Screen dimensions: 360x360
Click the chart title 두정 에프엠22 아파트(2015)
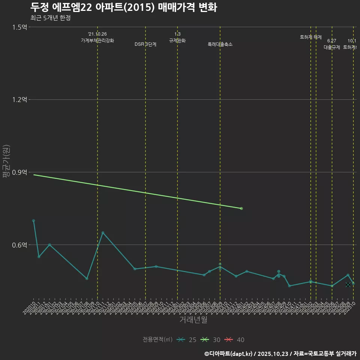click(123, 7)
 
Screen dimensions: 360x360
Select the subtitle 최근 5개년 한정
click(50, 18)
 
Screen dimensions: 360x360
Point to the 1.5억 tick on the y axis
click(19, 27)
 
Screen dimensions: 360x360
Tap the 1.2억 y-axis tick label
click(19, 100)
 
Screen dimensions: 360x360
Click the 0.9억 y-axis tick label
click(19, 172)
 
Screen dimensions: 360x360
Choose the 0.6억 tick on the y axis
click(19, 245)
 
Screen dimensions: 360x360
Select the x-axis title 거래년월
click(193, 320)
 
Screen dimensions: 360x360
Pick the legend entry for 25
click(187, 340)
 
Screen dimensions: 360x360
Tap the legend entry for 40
click(235, 340)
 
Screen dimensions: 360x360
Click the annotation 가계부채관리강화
click(97, 40)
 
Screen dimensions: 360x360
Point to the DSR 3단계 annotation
click(145, 44)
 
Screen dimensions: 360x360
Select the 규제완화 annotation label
click(177, 40)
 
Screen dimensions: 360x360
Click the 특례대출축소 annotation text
click(220, 44)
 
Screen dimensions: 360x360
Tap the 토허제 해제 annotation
click(311, 37)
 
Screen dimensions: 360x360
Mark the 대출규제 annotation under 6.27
click(332, 47)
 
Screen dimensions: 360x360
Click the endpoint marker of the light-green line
click(241, 208)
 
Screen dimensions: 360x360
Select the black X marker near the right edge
click(348, 285)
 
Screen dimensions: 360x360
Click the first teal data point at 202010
click(33, 220)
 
